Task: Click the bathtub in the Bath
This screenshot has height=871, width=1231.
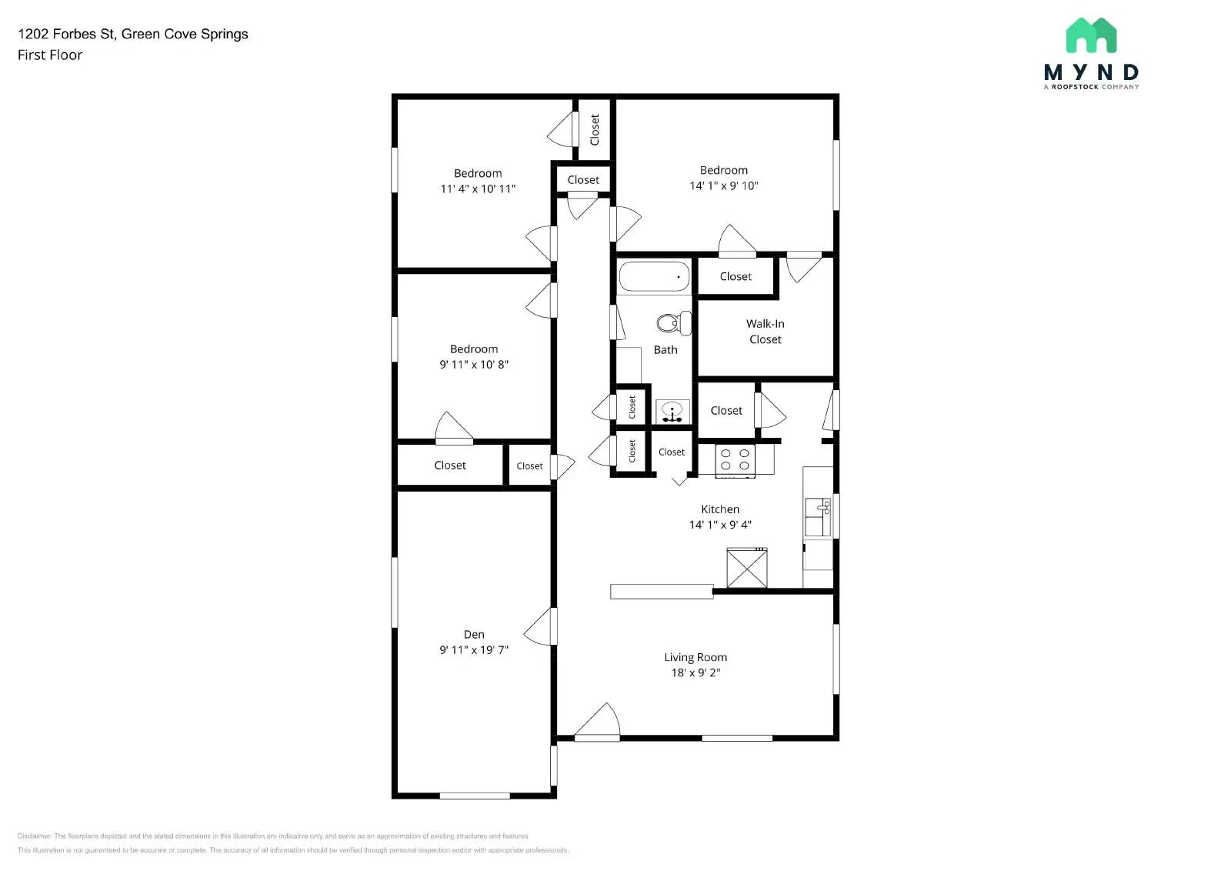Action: click(x=654, y=277)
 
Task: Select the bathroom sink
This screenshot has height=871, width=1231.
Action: click(x=672, y=411)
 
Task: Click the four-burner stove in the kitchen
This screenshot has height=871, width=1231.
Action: click(x=735, y=460)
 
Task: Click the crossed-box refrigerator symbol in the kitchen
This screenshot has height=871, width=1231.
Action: click(x=747, y=568)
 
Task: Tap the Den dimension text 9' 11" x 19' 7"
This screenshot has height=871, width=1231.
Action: click(x=474, y=650)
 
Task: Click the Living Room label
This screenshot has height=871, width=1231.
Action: click(x=696, y=657)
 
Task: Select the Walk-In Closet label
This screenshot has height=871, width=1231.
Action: click(x=765, y=332)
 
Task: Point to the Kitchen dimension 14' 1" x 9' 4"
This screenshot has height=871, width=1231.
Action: click(x=720, y=525)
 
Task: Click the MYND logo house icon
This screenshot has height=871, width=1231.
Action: click(x=1091, y=36)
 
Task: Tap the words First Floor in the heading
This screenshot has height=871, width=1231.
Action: click(x=50, y=55)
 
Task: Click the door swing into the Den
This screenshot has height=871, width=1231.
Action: click(x=540, y=627)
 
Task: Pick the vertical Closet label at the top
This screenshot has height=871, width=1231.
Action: click(x=594, y=129)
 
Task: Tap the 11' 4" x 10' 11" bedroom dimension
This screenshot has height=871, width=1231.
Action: click(x=478, y=189)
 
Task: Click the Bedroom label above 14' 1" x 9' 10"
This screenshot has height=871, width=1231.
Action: click(x=723, y=170)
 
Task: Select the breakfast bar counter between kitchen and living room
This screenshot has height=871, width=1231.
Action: click(x=662, y=591)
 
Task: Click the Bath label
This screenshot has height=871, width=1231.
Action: click(x=666, y=349)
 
